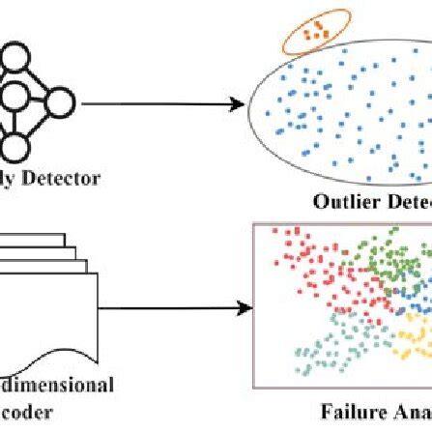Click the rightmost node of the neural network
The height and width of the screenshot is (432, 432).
[60, 100]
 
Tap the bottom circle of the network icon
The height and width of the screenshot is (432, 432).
[15, 145]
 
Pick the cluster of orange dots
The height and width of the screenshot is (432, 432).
[312, 31]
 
